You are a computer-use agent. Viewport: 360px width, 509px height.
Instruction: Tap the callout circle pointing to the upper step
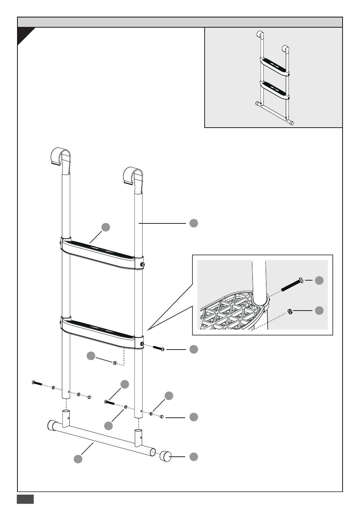click(106, 227)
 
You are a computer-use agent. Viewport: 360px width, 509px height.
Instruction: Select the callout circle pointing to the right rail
click(194, 223)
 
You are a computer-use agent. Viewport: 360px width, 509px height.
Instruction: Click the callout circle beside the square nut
click(91, 356)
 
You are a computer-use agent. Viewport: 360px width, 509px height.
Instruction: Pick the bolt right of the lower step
click(158, 348)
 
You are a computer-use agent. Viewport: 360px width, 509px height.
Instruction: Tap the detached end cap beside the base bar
click(165, 456)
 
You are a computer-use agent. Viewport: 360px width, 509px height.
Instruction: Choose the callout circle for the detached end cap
click(194, 456)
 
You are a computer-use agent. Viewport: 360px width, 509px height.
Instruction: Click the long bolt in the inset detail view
click(293, 284)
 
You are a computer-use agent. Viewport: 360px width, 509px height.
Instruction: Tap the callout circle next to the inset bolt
click(319, 280)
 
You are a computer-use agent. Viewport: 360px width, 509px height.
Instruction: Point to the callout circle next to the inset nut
click(319, 310)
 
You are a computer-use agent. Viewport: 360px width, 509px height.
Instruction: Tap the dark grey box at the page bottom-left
click(25, 499)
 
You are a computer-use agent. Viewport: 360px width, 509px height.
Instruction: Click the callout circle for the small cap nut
click(194, 417)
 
